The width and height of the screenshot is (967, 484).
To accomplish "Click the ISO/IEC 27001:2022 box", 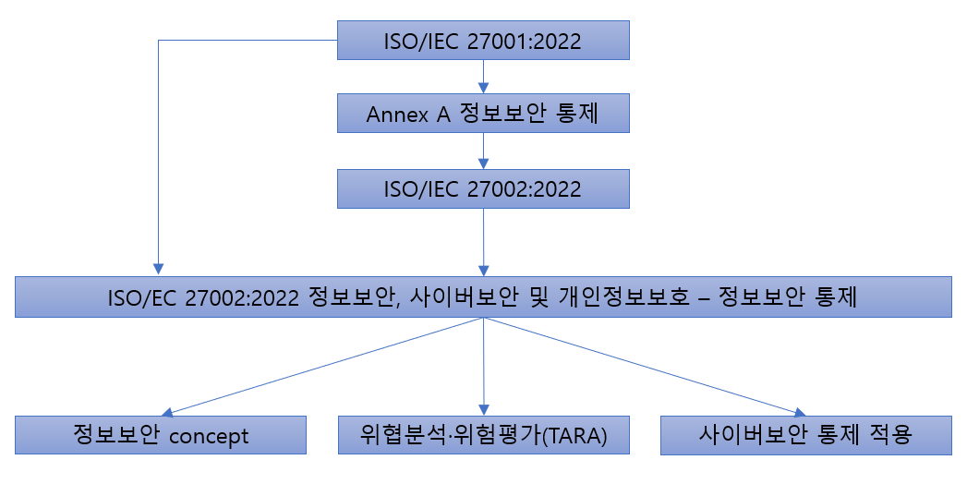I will [x=483, y=41].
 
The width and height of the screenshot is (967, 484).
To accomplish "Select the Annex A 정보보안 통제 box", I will [x=483, y=115].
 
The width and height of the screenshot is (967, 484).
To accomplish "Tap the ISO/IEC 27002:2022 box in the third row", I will [x=483, y=188].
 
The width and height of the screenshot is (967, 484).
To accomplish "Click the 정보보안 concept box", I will [x=161, y=435].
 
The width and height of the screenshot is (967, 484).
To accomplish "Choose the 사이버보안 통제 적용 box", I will [x=806, y=435].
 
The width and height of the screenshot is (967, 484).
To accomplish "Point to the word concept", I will [x=210, y=436].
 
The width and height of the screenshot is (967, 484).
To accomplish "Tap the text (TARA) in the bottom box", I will [x=577, y=436].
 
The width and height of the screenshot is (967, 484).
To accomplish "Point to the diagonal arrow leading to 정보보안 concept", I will [x=323, y=366].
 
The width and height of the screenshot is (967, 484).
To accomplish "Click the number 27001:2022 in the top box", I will [x=515, y=41].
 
